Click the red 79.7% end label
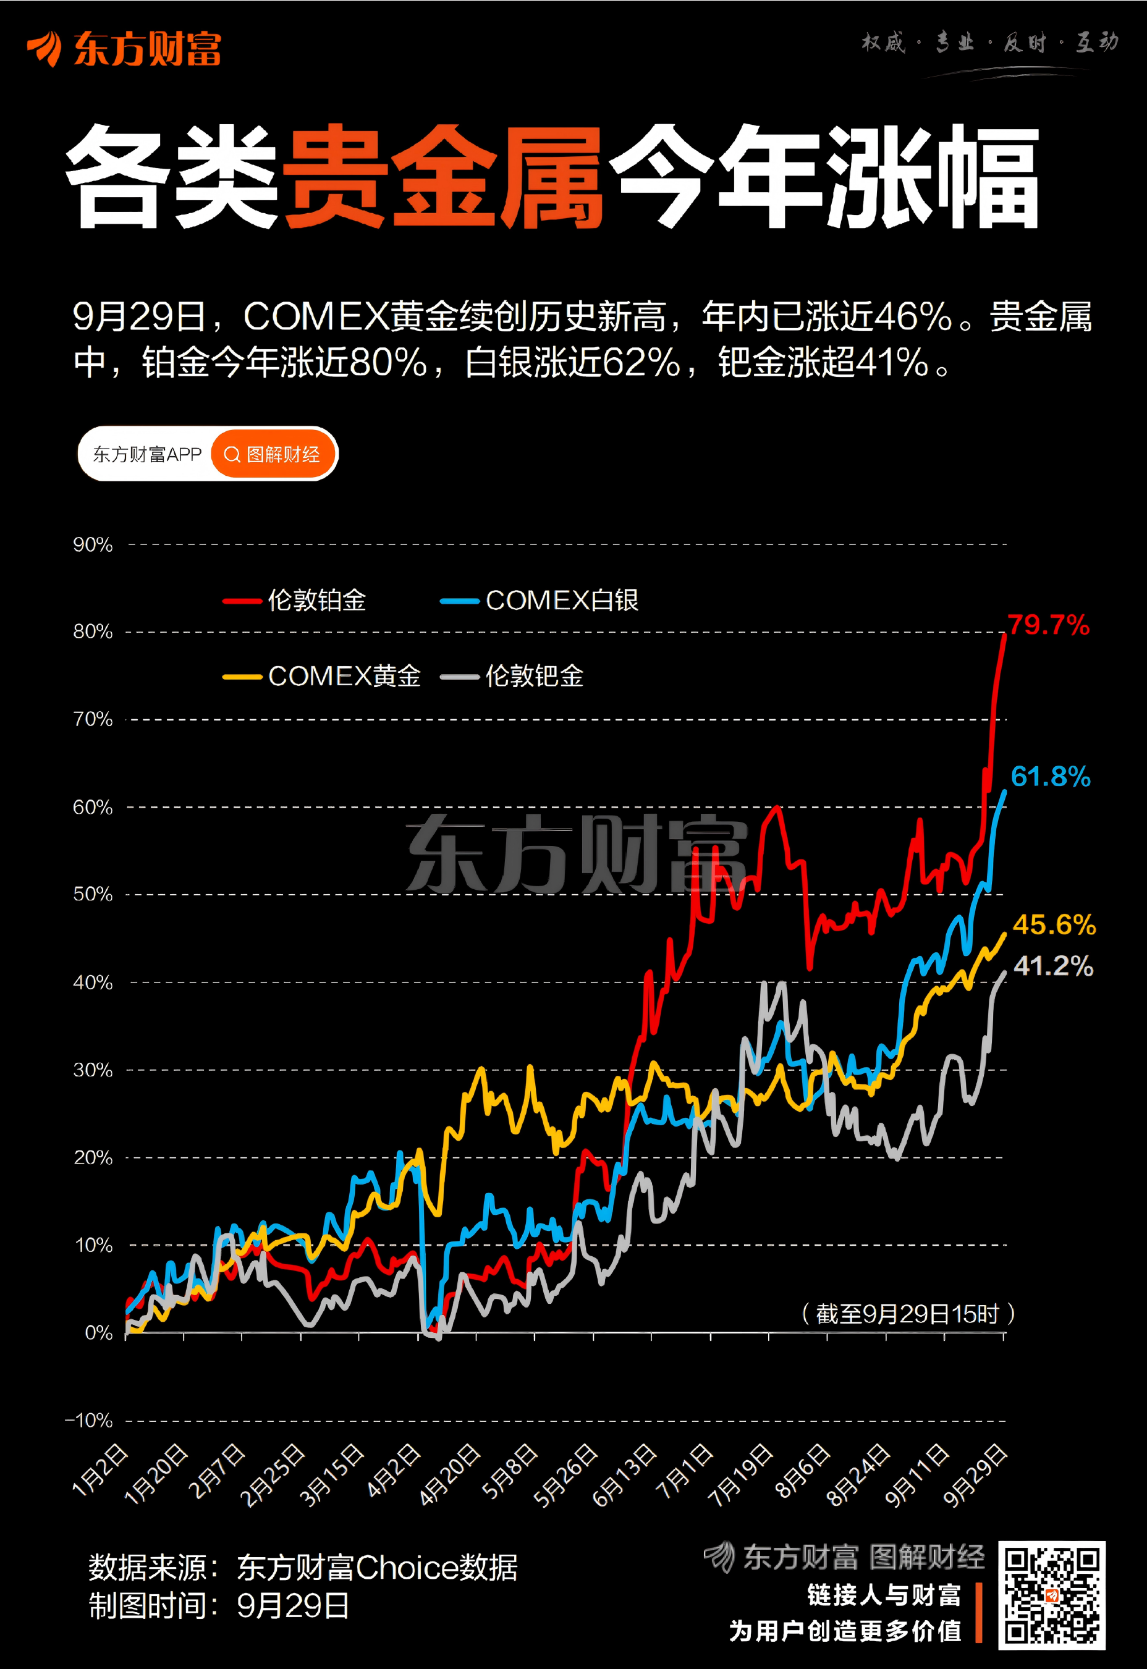pyautogui.click(x=1048, y=625)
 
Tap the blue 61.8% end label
pyautogui.click(x=1050, y=777)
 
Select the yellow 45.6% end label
pyautogui.click(x=1054, y=924)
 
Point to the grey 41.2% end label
pyautogui.click(x=1053, y=966)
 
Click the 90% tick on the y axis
pyautogui.click(x=93, y=544)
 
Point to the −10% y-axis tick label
pyautogui.click(x=89, y=1421)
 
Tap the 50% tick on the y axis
pyautogui.click(x=93, y=895)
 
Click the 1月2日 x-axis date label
pyautogui.click(x=100, y=1471)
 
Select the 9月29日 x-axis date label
pyautogui.click(x=975, y=1476)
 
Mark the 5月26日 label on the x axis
pyautogui.click(x=565, y=1476)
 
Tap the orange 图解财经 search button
pyautogui.click(x=273, y=454)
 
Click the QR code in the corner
pyautogui.click(x=1051, y=1594)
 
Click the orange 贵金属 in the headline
pyautogui.click(x=441, y=177)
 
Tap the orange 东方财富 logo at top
pyautogui.click(x=124, y=49)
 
